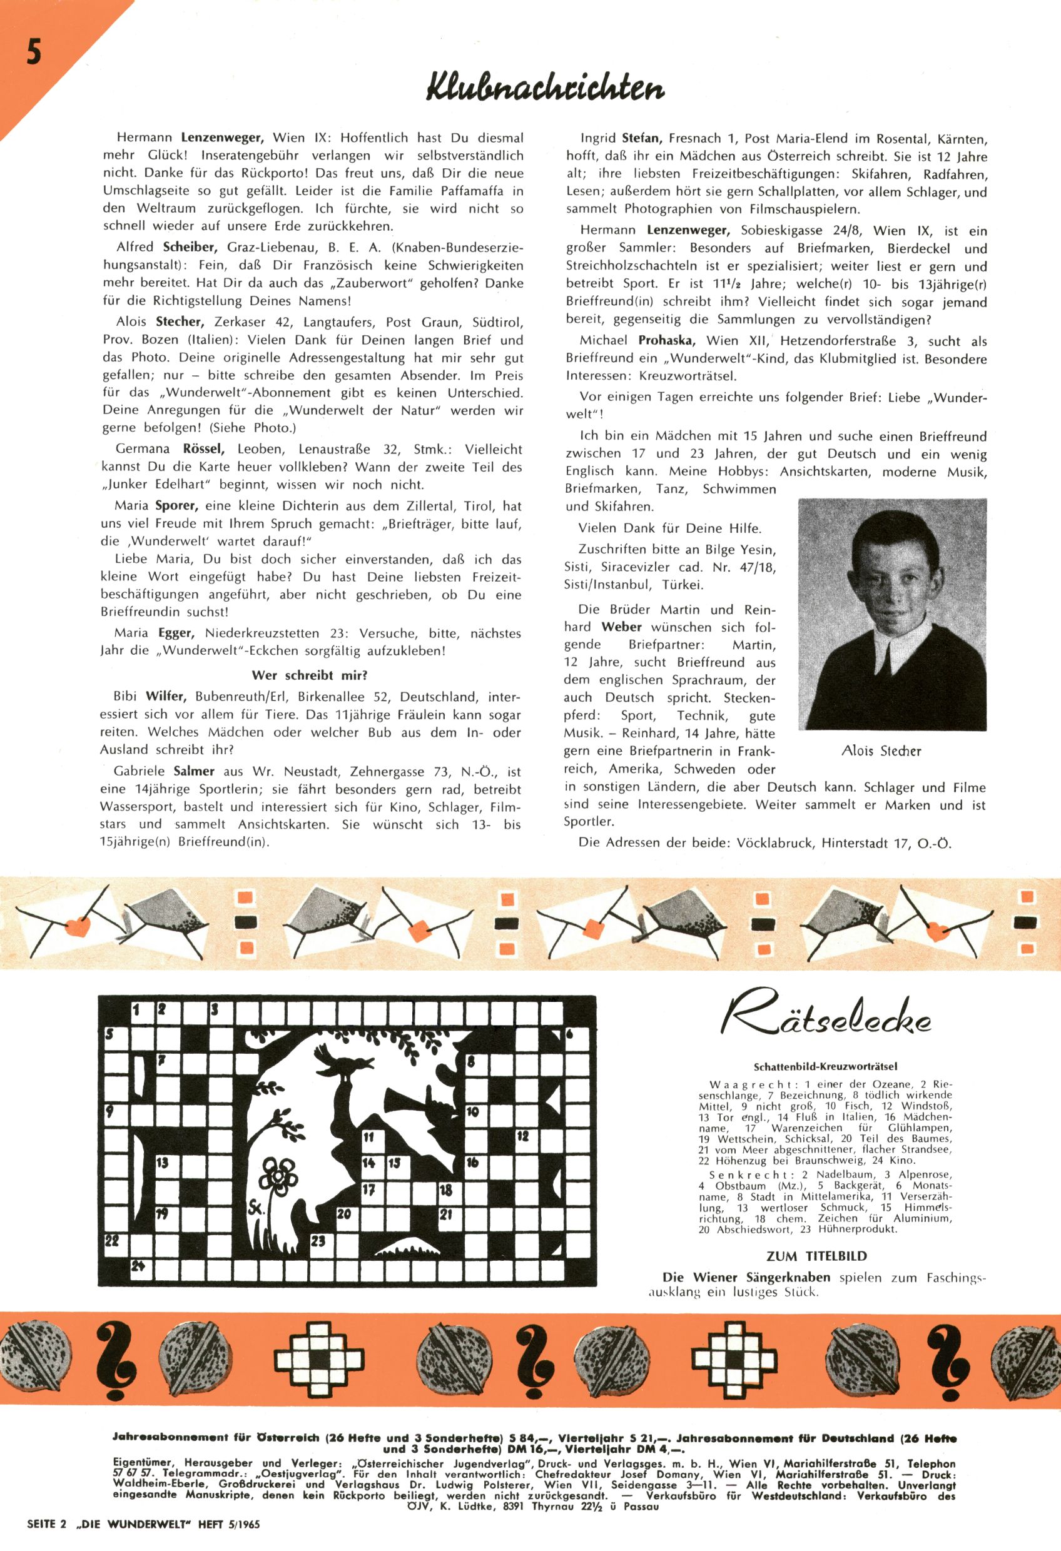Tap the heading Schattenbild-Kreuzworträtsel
(x=830, y=1066)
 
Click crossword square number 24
(x=140, y=1266)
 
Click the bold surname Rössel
(x=203, y=450)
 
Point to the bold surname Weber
(x=621, y=627)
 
